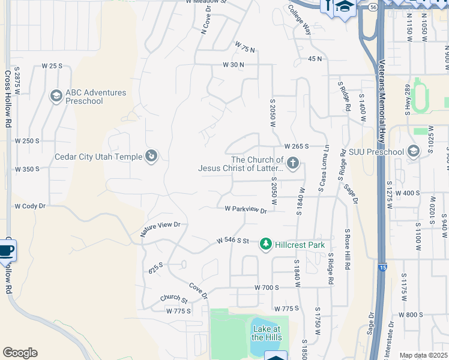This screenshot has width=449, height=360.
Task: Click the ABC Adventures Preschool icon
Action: point(56,96)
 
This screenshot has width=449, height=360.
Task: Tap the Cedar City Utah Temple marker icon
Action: point(151,157)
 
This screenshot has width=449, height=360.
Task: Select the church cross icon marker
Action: point(292,163)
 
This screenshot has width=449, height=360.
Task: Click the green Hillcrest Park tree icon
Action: point(266,244)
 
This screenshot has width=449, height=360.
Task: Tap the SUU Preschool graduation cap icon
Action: point(413,152)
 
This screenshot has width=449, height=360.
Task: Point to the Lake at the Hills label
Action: point(266,333)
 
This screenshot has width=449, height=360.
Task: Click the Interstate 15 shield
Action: point(382,268)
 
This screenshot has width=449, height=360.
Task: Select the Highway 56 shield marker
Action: point(373,7)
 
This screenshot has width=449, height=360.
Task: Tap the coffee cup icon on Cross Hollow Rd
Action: point(6,250)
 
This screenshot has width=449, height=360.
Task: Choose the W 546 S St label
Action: point(232,241)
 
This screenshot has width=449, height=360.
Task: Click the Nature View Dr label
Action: point(160,229)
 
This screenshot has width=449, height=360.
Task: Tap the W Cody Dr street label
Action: point(30,206)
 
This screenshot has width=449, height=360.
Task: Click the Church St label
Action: point(174,298)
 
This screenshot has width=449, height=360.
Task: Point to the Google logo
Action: point(20,353)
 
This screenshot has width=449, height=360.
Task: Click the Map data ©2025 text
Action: point(423,355)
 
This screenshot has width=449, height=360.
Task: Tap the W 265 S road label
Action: point(297,146)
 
